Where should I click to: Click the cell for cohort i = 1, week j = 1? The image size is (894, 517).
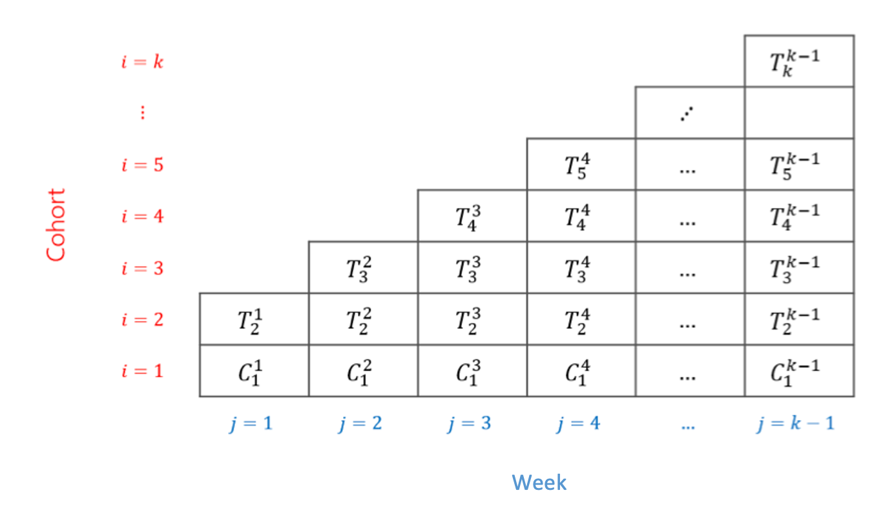253,371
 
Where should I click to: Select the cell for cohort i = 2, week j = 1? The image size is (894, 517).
253,319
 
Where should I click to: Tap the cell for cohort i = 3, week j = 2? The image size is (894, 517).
362,268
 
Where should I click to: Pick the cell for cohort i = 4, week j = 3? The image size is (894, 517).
472,216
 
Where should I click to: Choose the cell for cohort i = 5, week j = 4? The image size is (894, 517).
581,164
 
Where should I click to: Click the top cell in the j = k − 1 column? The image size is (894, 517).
798,61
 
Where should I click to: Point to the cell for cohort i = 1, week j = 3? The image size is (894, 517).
472,371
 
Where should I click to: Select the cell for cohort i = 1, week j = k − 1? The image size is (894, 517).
798,371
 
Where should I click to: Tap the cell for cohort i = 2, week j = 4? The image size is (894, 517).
581,319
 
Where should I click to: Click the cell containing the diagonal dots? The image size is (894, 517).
689,113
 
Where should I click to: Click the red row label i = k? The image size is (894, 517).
142,62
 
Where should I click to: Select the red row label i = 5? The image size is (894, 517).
142,165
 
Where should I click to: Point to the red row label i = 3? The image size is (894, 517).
142,268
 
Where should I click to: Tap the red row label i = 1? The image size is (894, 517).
142,372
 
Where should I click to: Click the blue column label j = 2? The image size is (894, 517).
360,424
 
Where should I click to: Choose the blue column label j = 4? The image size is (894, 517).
579,424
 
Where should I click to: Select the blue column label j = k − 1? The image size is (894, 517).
796,424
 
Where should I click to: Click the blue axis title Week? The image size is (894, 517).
539,482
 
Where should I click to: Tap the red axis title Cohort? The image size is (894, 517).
56,225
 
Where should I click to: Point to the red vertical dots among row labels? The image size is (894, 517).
142,113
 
